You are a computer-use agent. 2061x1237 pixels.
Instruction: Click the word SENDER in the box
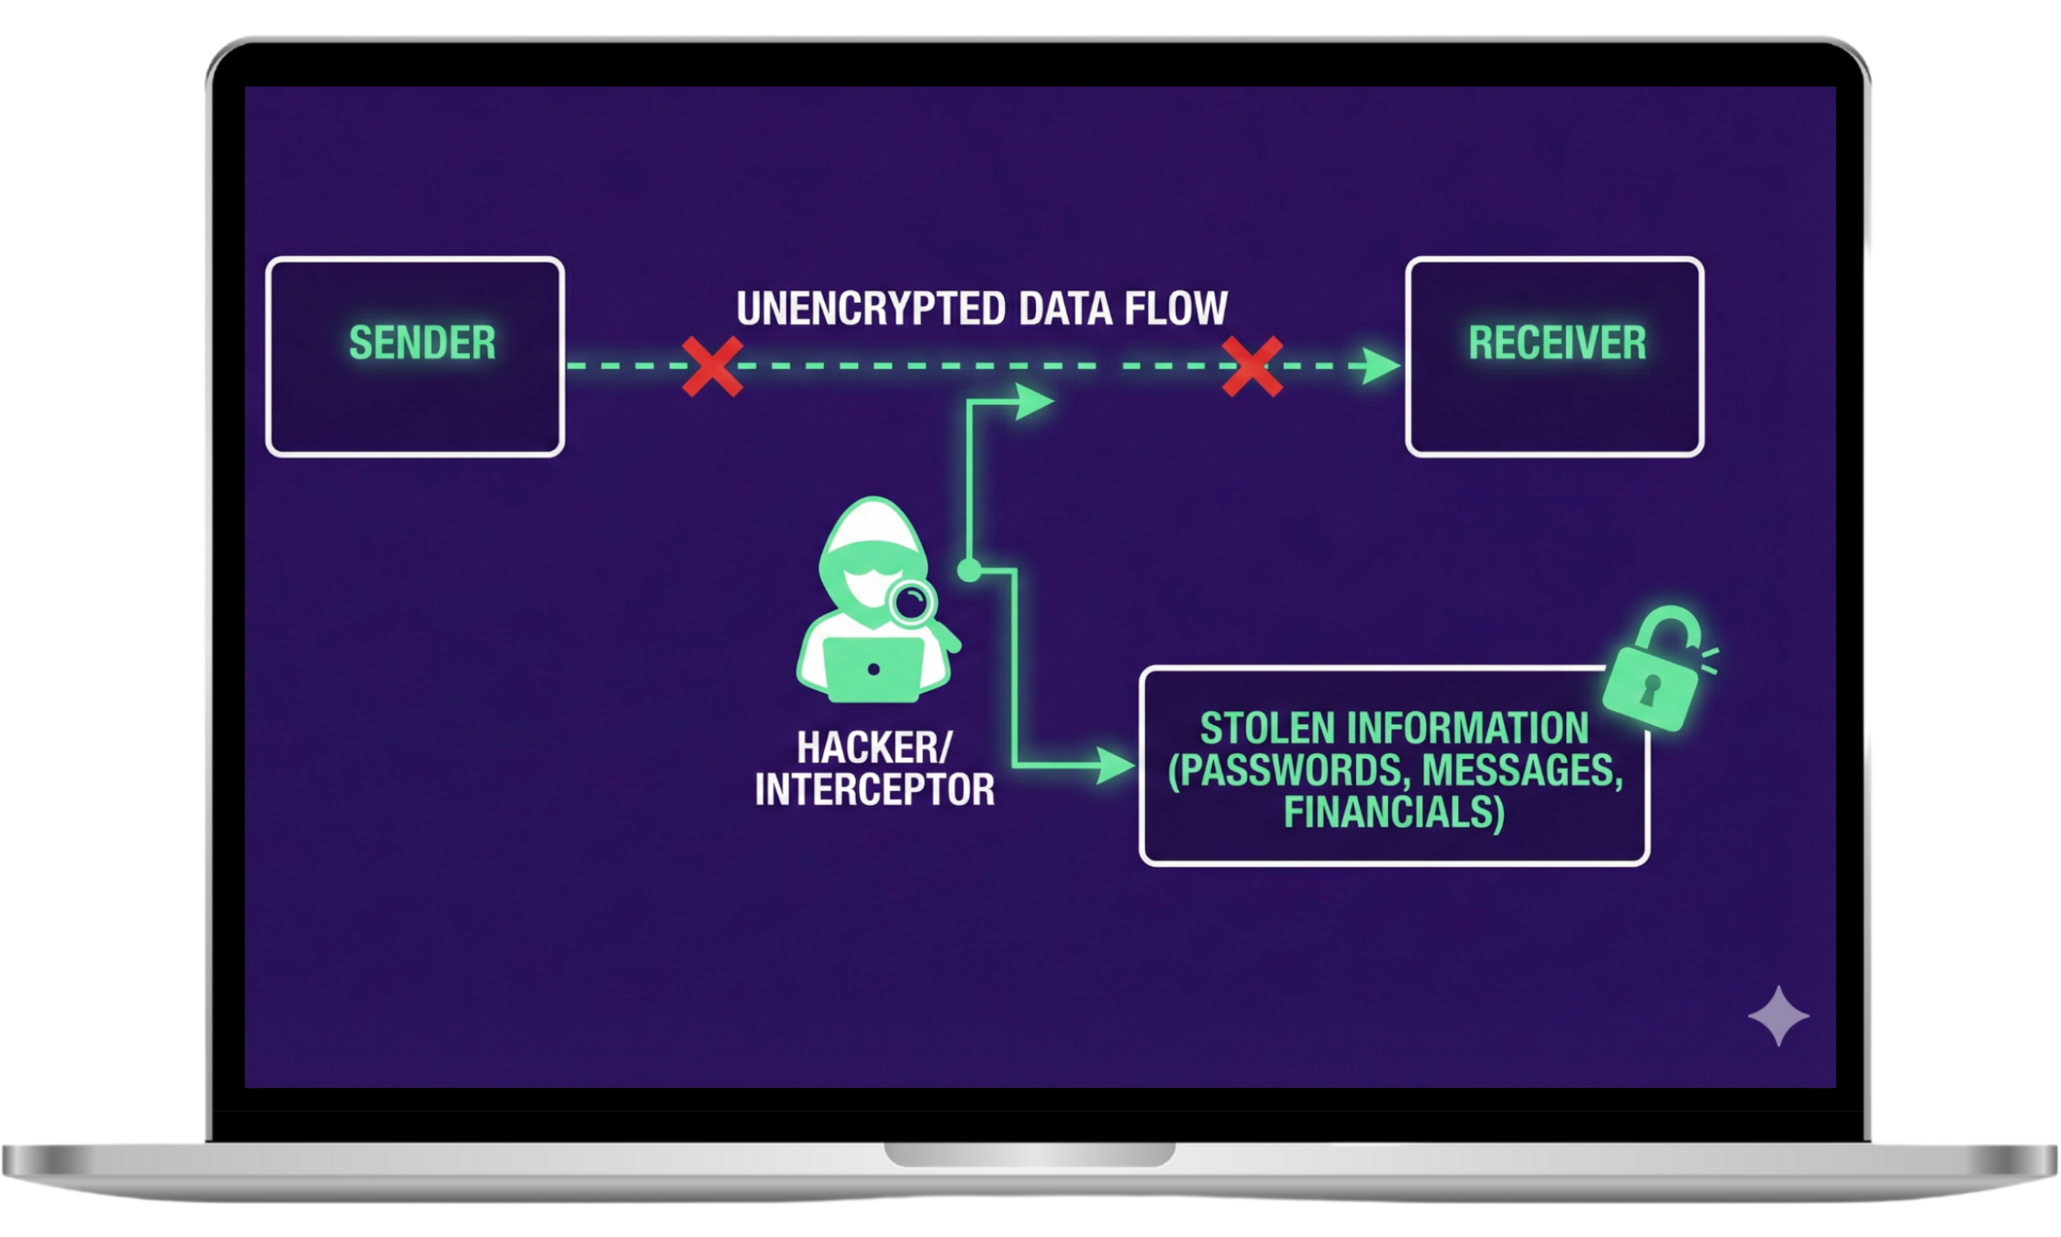(x=421, y=342)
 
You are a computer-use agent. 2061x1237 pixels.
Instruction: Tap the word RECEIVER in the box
(x=1557, y=342)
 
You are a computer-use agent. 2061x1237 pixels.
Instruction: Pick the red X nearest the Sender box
(x=711, y=367)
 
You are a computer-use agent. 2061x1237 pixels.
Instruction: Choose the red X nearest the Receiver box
(x=1252, y=367)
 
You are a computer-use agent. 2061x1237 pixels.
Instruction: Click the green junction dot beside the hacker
(x=968, y=571)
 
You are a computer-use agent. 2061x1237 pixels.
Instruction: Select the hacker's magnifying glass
(x=913, y=604)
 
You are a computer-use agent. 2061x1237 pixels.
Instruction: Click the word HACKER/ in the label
(x=873, y=747)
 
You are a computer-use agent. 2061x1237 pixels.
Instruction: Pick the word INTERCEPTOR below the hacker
(x=875, y=789)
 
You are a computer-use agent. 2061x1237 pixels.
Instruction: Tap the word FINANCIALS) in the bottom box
(x=1394, y=813)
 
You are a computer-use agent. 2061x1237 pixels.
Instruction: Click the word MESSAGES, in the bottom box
(x=1523, y=770)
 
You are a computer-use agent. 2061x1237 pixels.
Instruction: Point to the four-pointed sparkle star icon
(x=1778, y=1016)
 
